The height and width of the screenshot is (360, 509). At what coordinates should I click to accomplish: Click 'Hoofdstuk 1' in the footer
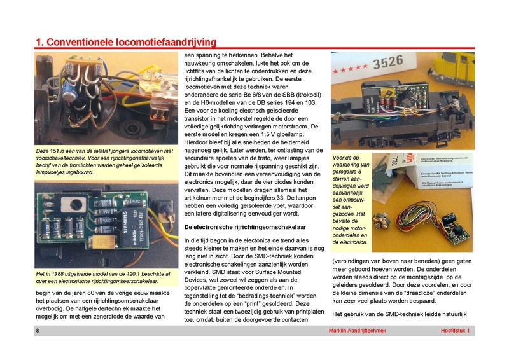pyautogui.click(x=456, y=331)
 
